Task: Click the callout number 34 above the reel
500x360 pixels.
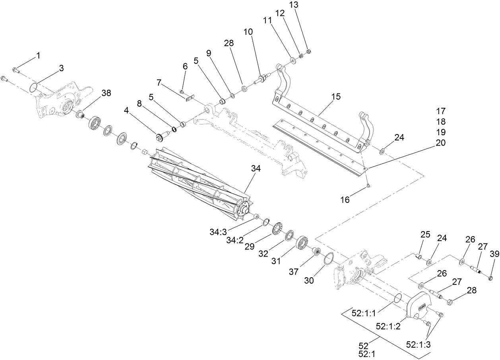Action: tap(256, 169)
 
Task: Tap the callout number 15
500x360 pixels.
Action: tap(336, 97)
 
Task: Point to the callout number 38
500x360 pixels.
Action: tap(106, 93)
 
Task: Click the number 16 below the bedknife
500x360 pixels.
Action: tap(345, 200)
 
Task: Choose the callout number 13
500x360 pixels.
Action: tap(304, 5)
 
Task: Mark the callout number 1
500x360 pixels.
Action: tap(38, 56)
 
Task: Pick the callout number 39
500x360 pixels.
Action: tap(494, 254)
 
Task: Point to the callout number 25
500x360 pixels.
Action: tap(425, 235)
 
